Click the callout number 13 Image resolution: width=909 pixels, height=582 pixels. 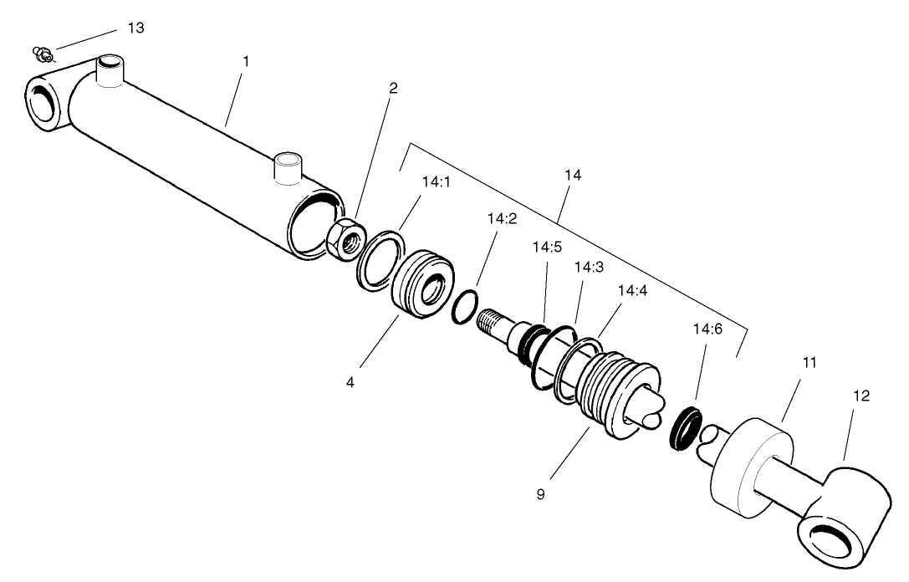[x=135, y=28]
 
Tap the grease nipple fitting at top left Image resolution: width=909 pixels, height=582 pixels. [x=42, y=55]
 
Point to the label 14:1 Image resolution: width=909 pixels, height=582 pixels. [x=436, y=181]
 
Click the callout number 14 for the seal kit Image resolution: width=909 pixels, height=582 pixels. [x=573, y=176]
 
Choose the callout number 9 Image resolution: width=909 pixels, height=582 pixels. [x=540, y=494]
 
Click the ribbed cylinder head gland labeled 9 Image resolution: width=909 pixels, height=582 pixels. [x=617, y=389]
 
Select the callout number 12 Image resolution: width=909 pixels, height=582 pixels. [x=861, y=396]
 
